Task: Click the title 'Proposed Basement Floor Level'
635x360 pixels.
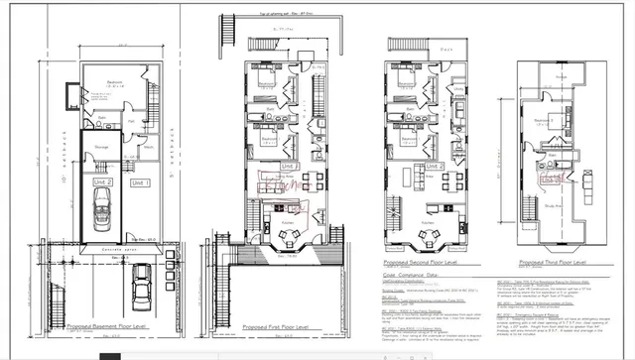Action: [x=107, y=324]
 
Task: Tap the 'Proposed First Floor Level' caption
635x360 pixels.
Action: [x=274, y=324]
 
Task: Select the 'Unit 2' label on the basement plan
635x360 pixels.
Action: [x=104, y=183]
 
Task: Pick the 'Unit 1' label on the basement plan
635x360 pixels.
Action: [x=138, y=183]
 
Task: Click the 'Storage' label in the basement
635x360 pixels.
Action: [x=101, y=146]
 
